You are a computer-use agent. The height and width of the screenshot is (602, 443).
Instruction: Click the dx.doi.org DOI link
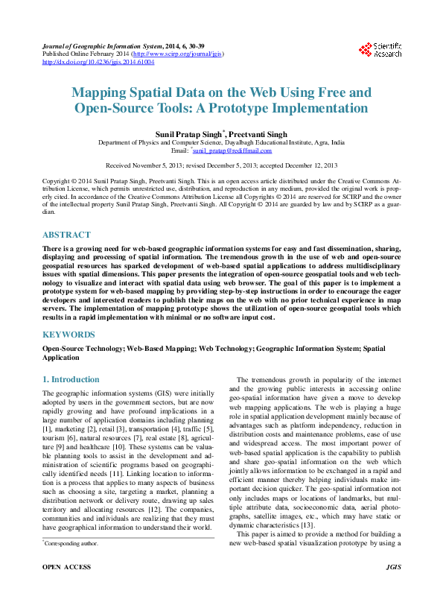pyautogui.click(x=98, y=63)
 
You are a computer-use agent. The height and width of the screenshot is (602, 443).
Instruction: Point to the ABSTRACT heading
pyautogui.click(x=66, y=235)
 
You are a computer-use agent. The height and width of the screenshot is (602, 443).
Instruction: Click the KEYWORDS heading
pyautogui.click(x=68, y=335)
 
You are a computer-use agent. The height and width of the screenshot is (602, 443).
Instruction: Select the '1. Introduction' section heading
pyautogui.click(x=71, y=379)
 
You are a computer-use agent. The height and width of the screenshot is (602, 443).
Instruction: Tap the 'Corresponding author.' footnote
pyautogui.click(x=71, y=544)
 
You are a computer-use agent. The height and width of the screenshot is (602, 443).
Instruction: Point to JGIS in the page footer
pyautogui.click(x=394, y=588)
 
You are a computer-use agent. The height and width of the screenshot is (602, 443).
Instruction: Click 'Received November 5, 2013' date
pyautogui.click(x=147, y=165)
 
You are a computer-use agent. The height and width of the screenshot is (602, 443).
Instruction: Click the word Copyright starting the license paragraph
pyautogui.click(x=57, y=181)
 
